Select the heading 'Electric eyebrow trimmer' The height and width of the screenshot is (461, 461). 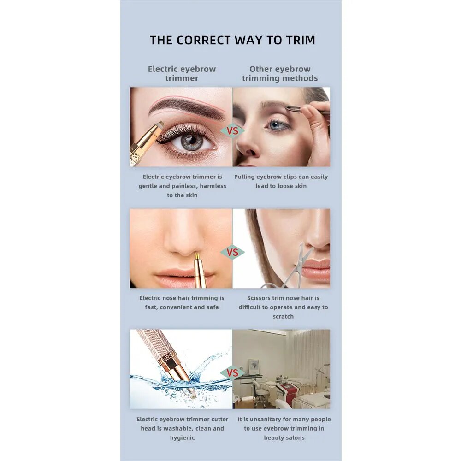tap(182, 73)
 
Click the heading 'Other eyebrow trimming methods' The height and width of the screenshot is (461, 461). tap(280, 73)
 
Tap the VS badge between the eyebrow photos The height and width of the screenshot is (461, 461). tap(232, 130)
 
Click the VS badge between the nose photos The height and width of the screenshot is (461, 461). tap(232, 252)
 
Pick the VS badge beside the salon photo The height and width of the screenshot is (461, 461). tap(232, 373)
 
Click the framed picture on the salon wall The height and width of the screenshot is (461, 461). tap(253, 366)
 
